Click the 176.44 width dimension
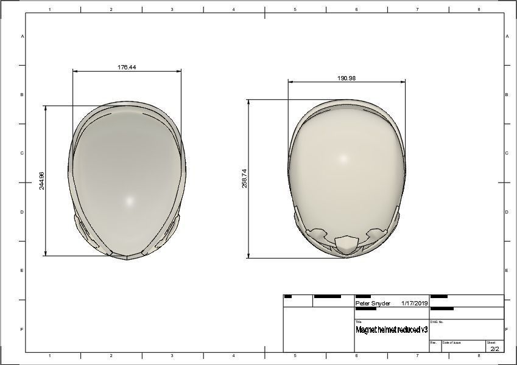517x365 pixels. point(127,68)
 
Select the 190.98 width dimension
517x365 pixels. point(346,78)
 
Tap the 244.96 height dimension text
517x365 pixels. point(42,181)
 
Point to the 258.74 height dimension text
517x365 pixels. point(245,179)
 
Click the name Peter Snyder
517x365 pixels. point(373,303)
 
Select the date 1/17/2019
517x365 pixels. point(415,303)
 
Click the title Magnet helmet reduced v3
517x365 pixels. point(392,329)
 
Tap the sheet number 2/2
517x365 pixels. point(494,349)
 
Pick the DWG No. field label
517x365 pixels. point(437,322)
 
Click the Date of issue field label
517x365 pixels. point(451,342)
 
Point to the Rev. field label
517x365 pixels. point(434,342)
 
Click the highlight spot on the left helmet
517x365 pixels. point(128,201)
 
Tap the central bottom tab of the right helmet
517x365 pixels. point(345,244)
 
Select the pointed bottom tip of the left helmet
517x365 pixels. point(127,258)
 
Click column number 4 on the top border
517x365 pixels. point(234,10)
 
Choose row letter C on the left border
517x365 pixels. point(23,153)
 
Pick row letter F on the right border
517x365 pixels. point(507,330)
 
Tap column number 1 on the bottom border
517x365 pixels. point(49,355)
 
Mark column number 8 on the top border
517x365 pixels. point(479,10)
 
